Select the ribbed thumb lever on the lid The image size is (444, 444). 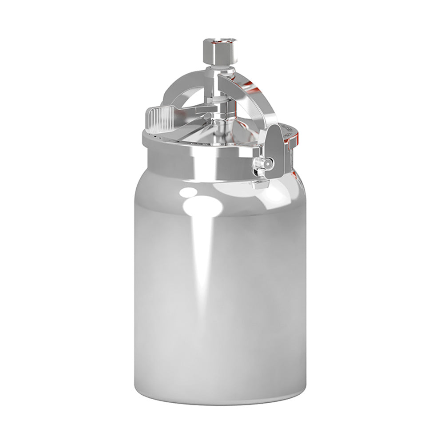pos(158,116)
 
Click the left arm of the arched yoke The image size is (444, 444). pos(175,89)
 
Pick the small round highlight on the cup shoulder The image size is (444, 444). pos(190,192)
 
